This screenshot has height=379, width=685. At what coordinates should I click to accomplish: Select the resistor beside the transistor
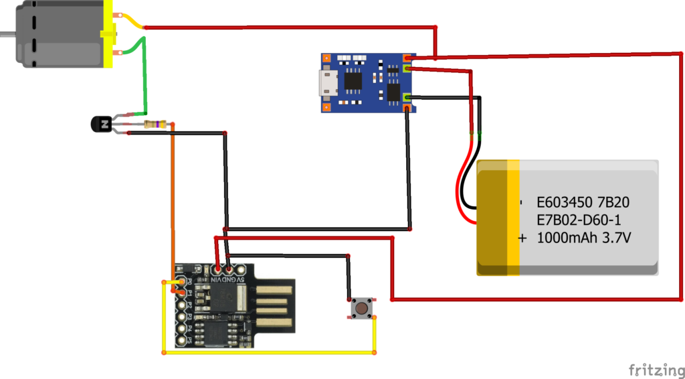pos(155,125)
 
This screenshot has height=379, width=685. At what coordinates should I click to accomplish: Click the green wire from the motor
pos(142,74)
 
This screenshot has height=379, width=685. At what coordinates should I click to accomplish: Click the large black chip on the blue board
pos(352,81)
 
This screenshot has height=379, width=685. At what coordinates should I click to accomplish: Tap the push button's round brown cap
pos(362,309)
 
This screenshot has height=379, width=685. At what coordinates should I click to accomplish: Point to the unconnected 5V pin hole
pos(241,269)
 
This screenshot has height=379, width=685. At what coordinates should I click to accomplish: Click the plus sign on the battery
pos(522,238)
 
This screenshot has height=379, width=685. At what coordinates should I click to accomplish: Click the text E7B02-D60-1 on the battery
pos(582,220)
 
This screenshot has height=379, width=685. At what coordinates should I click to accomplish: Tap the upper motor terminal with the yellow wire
pos(118,16)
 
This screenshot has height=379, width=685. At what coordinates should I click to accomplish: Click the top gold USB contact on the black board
pos(276,290)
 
